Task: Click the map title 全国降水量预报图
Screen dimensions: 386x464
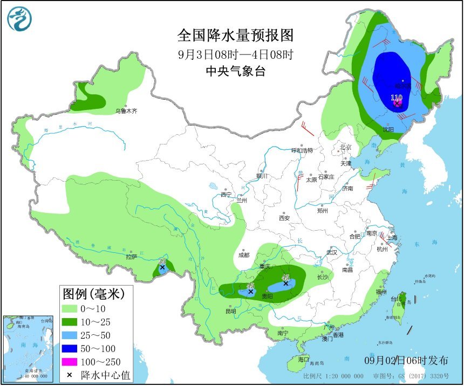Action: (x=236, y=36)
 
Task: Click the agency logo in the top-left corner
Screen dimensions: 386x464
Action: (x=19, y=19)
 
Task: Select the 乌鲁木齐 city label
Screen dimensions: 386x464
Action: (x=126, y=111)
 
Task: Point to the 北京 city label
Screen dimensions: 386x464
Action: (x=345, y=147)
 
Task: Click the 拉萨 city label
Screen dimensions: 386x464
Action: (x=132, y=257)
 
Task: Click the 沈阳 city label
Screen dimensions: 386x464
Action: (x=388, y=129)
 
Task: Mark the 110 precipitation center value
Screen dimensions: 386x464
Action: (x=397, y=98)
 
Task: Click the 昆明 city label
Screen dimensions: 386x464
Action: (x=230, y=312)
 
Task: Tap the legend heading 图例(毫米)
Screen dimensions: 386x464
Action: (x=93, y=294)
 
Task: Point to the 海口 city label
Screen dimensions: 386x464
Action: (x=303, y=360)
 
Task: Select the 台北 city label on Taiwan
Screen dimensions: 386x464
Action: (x=396, y=299)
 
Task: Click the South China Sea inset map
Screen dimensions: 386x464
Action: (x=26, y=348)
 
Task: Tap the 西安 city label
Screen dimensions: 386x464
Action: (x=284, y=218)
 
